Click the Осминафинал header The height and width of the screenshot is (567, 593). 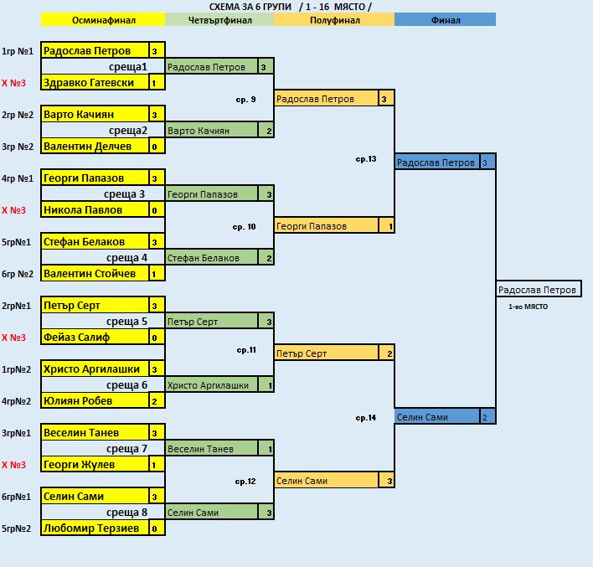coord(103,19)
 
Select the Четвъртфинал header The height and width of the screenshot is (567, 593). coord(219,19)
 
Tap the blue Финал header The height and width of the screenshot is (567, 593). coord(445,19)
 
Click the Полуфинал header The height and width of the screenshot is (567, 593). coord(334,19)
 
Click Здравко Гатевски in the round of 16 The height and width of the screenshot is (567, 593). coord(95,82)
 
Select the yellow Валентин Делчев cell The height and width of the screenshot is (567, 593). coord(95,146)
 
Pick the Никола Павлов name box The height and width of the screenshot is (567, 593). coord(95,209)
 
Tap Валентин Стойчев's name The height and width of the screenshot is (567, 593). coord(95,273)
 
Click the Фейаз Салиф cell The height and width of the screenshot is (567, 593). coord(95,337)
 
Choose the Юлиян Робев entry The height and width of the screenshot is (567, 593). coord(95,400)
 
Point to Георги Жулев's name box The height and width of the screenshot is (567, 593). coord(95,464)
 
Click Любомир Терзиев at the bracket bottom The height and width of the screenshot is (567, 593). coord(95,528)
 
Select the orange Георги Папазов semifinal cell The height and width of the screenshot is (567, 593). coord(327,226)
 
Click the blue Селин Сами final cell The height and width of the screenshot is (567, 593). coord(437,417)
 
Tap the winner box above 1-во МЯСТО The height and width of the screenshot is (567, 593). coord(539,290)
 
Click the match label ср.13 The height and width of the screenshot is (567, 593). coord(366,159)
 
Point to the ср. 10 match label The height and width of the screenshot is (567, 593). coord(244,227)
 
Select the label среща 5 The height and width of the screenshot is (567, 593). coord(126,321)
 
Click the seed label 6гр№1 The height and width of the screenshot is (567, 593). coord(16,497)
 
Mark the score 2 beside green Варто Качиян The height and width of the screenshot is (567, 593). coord(269,131)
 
